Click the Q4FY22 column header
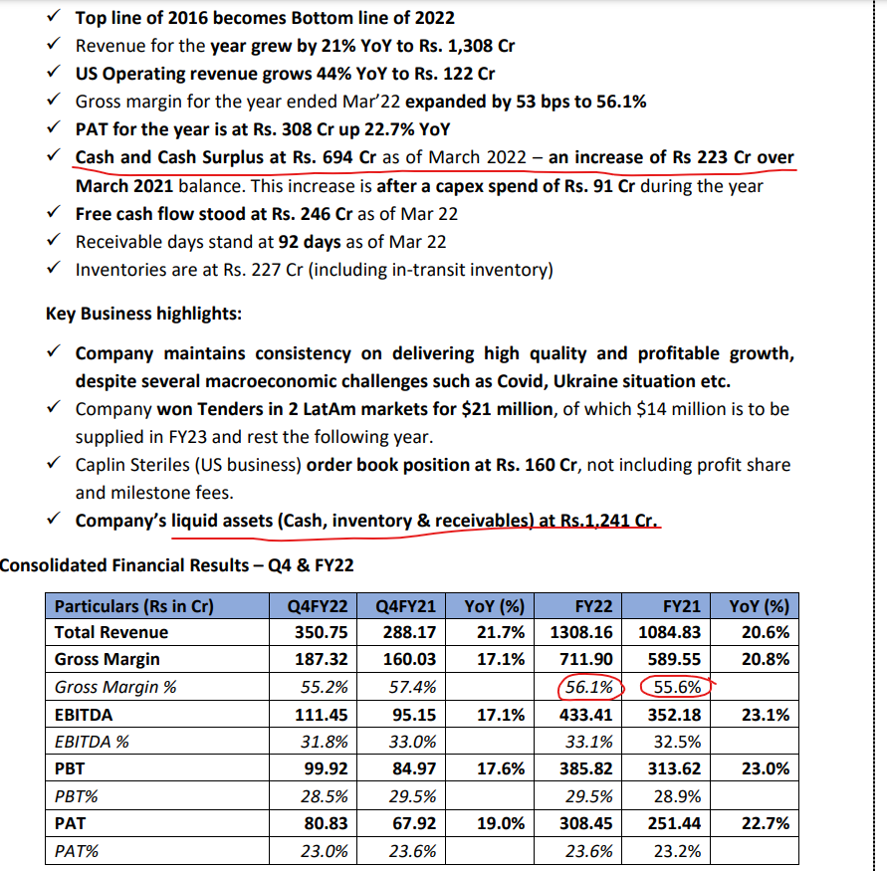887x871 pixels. click(317, 605)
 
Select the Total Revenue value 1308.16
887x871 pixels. click(580, 632)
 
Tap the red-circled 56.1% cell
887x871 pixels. click(588, 687)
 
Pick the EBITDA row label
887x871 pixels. click(84, 714)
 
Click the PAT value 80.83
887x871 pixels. click(322, 823)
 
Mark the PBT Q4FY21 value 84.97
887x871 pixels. click(409, 768)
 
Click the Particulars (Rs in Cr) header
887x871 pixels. click(133, 605)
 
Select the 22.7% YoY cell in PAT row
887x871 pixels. click(766, 823)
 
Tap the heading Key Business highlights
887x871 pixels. click(142, 313)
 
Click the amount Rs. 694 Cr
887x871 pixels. click(336, 157)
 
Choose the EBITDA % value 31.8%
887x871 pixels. click(325, 741)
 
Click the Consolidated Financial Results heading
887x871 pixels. click(176, 564)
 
